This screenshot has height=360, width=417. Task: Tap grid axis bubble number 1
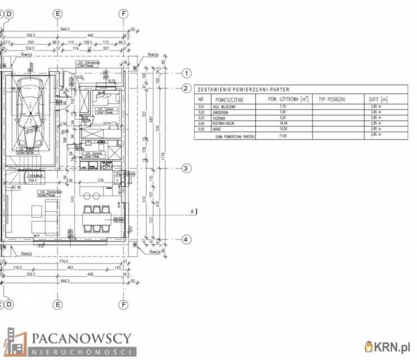(187, 73)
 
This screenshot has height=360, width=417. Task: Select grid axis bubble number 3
(187, 168)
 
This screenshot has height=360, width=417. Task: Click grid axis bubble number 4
(187, 239)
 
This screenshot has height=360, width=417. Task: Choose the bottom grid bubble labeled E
(57, 305)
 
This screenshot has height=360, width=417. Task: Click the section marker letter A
(192, 211)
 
